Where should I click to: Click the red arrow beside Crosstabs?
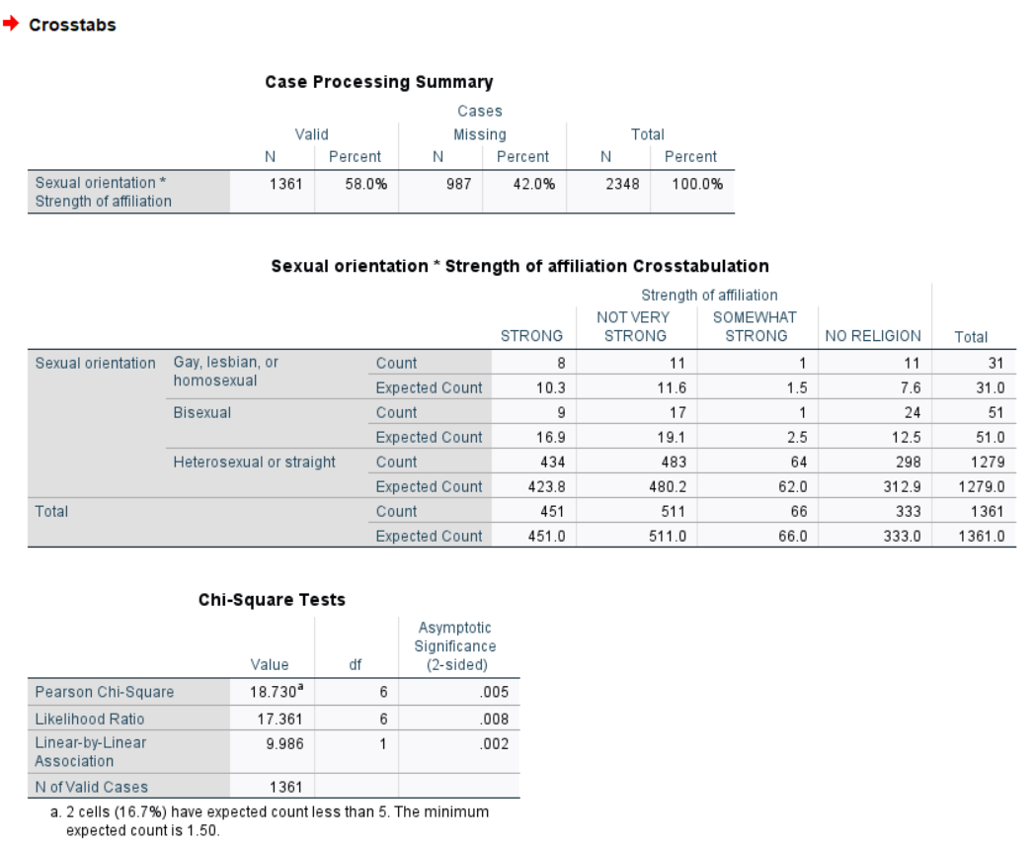tap(11, 25)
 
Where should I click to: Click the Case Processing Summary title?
tap(379, 82)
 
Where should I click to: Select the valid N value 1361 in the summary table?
tap(286, 184)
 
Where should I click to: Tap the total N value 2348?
tap(622, 184)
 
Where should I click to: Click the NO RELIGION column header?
tap(872, 336)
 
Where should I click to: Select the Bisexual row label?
tap(202, 412)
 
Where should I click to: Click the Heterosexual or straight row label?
tap(255, 462)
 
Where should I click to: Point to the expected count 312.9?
tap(903, 486)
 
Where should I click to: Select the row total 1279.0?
tap(982, 486)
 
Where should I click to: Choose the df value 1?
tap(382, 743)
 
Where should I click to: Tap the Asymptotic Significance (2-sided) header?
tap(454, 645)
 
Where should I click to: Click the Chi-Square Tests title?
tap(272, 600)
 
